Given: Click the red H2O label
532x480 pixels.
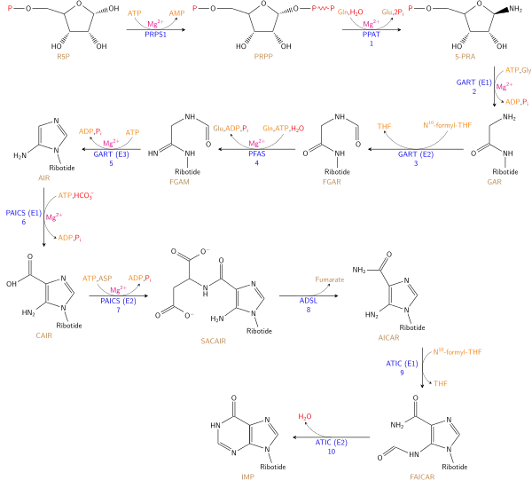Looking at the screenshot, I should coord(305,416).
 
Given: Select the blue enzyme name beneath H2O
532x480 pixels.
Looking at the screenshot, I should coord(331,442).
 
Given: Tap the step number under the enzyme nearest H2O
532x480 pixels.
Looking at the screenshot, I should coord(331,452).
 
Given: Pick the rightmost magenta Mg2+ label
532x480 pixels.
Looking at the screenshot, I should coord(505,87).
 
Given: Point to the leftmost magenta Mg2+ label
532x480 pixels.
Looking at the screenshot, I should coord(54,216).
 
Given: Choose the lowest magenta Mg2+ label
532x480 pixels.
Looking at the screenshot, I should coord(117,288).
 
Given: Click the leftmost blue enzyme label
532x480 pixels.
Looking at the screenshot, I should coord(23,213).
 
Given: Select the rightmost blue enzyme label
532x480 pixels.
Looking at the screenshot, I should coord(473,82).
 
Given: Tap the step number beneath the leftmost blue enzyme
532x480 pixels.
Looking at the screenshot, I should coord(24,223).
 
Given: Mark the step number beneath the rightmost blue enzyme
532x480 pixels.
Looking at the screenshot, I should coord(474,91).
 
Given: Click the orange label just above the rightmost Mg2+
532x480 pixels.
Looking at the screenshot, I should coord(517,69).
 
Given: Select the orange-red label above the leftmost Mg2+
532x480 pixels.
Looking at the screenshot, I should coord(76,195).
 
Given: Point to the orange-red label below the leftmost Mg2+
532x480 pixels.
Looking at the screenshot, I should coord(70,238).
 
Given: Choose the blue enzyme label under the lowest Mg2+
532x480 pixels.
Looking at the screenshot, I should coord(118,301).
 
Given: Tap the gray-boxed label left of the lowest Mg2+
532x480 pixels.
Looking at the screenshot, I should coord(96,278).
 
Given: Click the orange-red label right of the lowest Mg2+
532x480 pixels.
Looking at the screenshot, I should coord(140,278).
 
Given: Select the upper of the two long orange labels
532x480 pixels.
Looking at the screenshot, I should coord(447,124).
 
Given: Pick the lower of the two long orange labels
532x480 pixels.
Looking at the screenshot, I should coord(458,351).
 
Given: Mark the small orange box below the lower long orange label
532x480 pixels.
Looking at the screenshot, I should coord(442,383).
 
